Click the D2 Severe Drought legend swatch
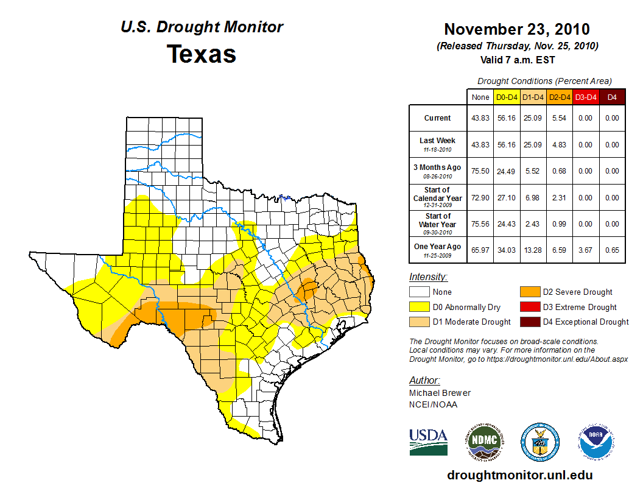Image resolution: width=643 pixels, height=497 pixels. coord(529,292)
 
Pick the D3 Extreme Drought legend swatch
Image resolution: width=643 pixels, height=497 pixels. coord(529,307)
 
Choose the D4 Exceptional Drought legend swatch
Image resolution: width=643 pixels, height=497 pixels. coord(529,322)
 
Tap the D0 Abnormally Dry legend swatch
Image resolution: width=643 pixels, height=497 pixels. coord(418,307)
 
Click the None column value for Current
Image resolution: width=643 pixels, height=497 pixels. coord(480,118)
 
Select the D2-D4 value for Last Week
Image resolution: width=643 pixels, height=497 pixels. coord(558,145)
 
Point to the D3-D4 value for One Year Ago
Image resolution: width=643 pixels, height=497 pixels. coord(585,250)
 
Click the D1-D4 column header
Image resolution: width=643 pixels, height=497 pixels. coord(533,97)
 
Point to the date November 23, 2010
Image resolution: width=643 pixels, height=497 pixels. coord(516,29)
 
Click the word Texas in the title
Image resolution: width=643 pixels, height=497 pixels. coord(202,54)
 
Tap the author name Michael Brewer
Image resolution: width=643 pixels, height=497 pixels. coord(440,393)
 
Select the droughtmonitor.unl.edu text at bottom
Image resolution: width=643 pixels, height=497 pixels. coord(519,475)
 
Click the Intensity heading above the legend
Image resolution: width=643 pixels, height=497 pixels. coord(428,277)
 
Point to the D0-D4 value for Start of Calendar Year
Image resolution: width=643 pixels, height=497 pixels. coord(507,198)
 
